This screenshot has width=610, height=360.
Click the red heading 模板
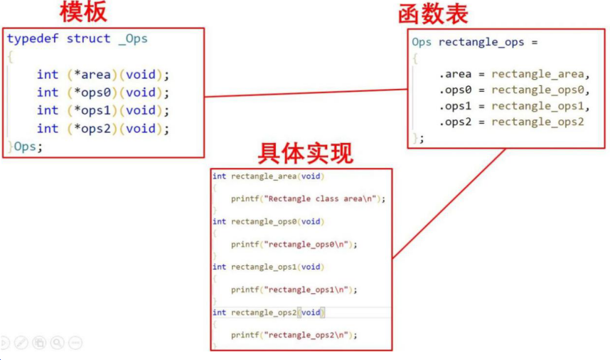click(x=83, y=12)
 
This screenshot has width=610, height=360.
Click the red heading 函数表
click(x=434, y=14)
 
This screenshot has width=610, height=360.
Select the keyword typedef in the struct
click(x=33, y=39)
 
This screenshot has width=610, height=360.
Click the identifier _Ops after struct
click(x=133, y=39)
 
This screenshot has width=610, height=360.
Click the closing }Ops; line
click(x=26, y=146)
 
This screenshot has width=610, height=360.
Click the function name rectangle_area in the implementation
click(x=262, y=176)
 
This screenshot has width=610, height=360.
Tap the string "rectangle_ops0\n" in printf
click(x=309, y=245)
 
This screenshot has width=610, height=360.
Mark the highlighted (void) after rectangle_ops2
click(x=311, y=312)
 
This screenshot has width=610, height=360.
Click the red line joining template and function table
click(x=306, y=93)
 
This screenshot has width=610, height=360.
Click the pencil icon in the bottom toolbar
click(x=21, y=344)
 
